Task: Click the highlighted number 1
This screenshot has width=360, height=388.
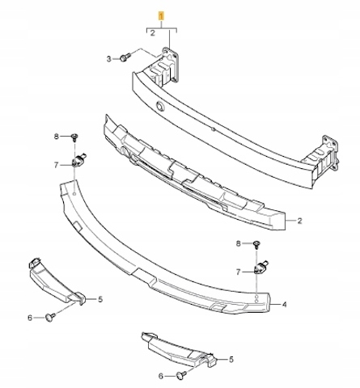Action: [161, 16]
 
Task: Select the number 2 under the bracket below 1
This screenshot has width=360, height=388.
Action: [153, 33]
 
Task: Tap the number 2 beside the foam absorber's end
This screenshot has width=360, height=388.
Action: [299, 221]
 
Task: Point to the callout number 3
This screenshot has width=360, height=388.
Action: [109, 59]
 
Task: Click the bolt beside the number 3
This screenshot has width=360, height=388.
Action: [125, 57]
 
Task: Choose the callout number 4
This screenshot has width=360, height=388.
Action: [284, 305]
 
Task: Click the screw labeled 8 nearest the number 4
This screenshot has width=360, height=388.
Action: [257, 245]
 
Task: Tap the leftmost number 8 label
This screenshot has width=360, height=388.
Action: [56, 137]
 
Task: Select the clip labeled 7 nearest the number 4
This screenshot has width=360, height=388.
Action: [260, 267]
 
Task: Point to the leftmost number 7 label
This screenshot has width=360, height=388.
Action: [56, 165]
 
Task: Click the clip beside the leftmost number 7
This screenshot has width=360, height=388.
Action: [78, 160]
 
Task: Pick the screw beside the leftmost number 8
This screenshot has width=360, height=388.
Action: [74, 137]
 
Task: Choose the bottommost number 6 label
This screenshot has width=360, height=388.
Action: [161, 376]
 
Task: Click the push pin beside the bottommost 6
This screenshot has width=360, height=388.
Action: [181, 375]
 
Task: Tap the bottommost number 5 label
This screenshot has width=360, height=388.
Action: [231, 360]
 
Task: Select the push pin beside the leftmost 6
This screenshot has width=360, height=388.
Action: [50, 316]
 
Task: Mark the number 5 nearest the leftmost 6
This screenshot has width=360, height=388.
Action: [100, 299]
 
